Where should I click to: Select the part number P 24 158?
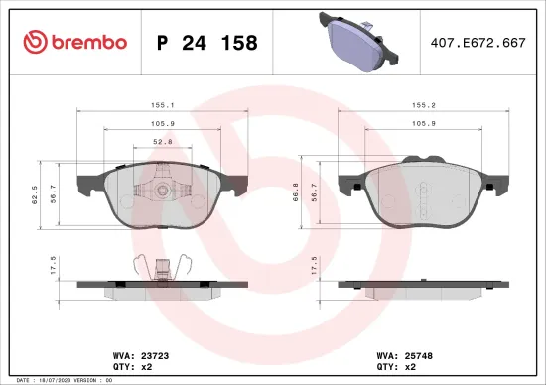207,43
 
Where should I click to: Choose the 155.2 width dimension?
426,103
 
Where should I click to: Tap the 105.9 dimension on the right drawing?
426,124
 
